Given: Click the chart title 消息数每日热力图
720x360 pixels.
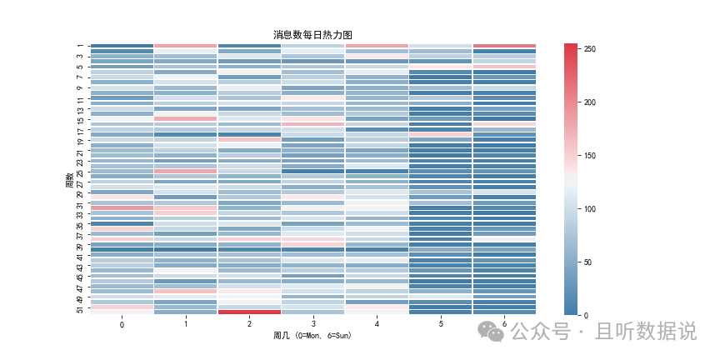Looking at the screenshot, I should point(313,35).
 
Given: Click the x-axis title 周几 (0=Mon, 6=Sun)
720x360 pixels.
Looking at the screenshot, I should point(312,335).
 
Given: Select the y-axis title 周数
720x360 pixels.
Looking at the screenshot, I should point(70,179).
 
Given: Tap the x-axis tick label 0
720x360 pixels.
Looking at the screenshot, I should point(122,323).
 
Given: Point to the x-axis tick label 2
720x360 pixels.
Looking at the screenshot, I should point(249,323).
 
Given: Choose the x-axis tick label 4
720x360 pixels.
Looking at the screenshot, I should point(377,323).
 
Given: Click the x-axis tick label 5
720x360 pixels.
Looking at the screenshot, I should point(440,323).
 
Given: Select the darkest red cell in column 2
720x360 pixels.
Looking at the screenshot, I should point(249,312).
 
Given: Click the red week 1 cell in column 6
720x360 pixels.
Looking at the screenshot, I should point(504,46).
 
